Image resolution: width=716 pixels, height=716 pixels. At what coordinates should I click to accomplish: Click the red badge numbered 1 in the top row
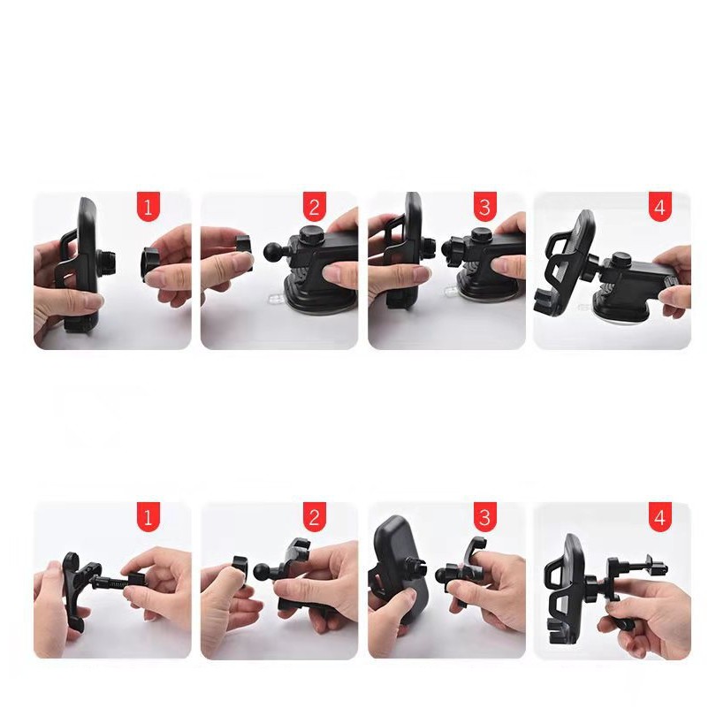tap(148, 206)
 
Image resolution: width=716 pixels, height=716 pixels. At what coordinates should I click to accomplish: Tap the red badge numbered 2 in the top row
tap(314, 206)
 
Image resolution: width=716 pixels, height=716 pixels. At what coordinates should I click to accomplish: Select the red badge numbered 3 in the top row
tap(485, 206)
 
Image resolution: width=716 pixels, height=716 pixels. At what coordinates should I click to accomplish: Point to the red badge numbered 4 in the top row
tap(659, 206)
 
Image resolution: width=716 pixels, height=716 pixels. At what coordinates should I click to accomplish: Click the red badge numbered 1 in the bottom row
tap(148, 517)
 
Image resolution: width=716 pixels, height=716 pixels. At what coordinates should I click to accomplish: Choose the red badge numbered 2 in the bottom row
tap(314, 517)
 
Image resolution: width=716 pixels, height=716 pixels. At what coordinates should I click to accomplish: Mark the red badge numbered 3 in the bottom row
tap(485, 517)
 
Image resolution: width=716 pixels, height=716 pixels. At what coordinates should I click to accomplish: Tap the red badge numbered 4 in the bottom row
tap(659, 517)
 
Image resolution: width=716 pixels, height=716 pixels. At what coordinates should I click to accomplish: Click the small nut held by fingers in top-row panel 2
tap(245, 249)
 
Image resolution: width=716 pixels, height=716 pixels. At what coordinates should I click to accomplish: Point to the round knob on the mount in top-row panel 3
tap(478, 235)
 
